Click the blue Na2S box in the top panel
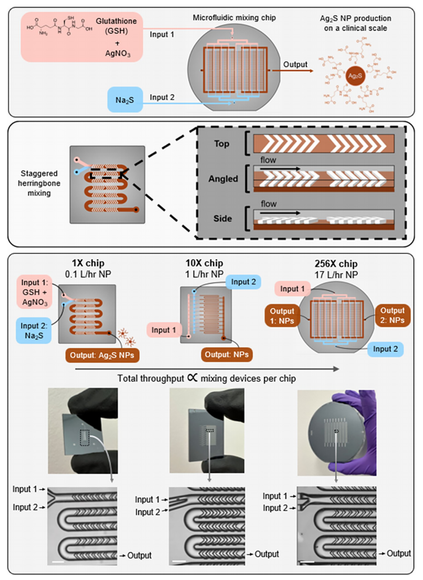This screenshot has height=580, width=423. point(125,100)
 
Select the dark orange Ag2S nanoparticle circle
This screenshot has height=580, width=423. point(355,75)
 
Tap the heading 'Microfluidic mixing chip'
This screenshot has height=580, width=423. point(234,18)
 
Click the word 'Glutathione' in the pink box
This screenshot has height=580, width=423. point(116,21)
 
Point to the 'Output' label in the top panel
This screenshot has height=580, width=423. point(295,64)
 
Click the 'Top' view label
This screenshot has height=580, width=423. point(221,144)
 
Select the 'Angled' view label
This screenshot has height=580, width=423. point(223,179)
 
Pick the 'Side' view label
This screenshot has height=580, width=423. point(222,218)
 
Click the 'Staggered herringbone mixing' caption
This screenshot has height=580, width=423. point(39,183)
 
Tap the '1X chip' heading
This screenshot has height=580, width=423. point(88,263)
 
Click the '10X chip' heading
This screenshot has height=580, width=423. point(204,263)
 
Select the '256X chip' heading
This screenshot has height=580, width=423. point(336,264)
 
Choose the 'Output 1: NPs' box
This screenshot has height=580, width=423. point(282,316)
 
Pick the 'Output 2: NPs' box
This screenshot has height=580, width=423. point(392,315)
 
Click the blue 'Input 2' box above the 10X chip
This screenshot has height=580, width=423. point(243,282)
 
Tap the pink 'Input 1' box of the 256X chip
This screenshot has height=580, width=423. point(292,289)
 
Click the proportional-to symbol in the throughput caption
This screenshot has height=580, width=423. point(192,378)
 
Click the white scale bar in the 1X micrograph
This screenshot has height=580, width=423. point(58,562)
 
